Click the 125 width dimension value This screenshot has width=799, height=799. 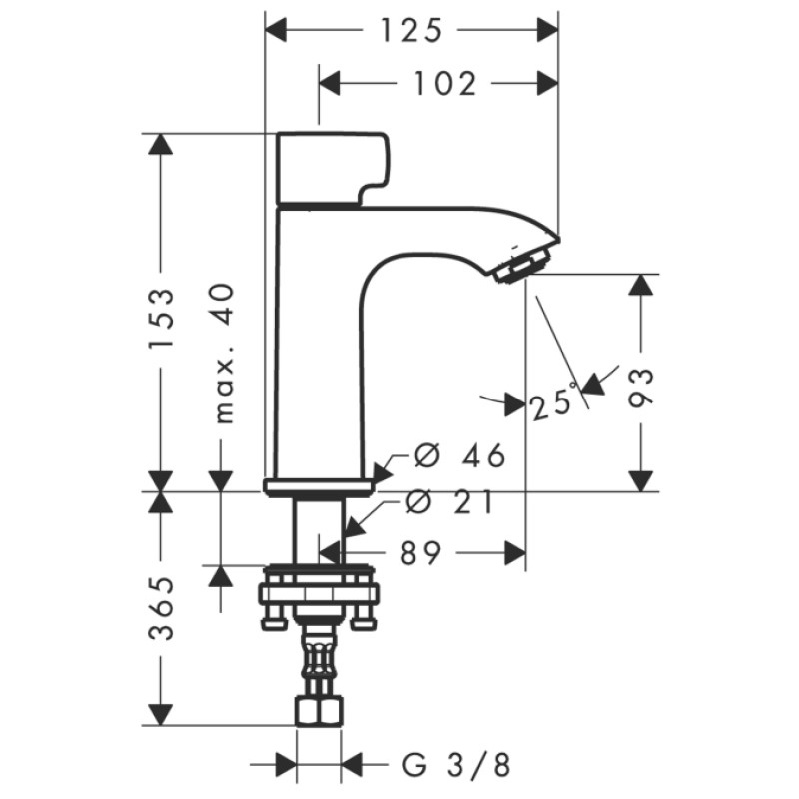point(409,32)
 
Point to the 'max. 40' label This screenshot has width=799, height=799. point(225,353)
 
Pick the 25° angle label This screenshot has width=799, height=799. point(554,402)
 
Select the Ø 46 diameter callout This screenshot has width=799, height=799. point(459,456)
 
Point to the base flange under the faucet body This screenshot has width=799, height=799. point(319,487)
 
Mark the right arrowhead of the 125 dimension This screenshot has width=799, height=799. point(547,32)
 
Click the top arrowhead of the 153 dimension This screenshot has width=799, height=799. point(160,145)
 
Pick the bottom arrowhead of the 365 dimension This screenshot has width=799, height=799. point(160,715)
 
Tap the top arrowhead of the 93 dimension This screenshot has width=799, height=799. point(641,285)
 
